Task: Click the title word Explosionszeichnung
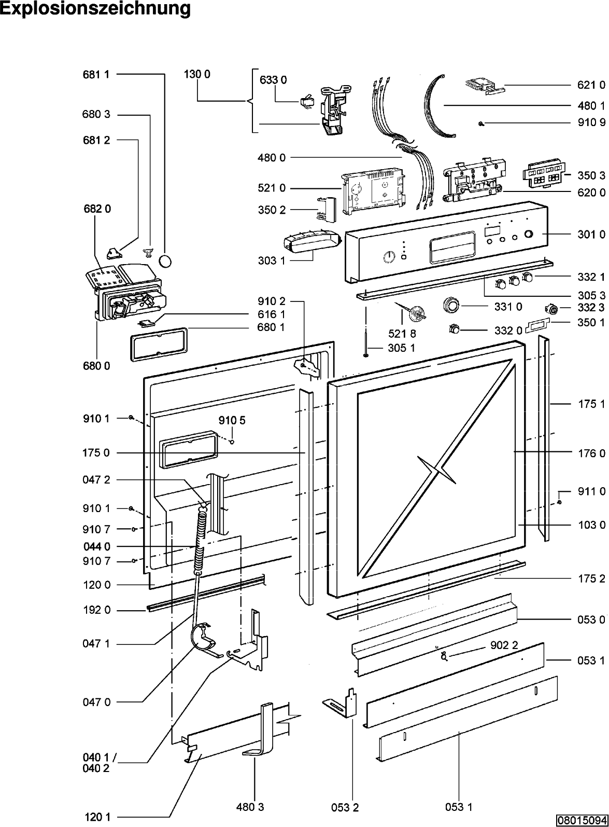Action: [95, 9]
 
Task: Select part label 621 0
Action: [591, 85]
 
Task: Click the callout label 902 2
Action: [504, 645]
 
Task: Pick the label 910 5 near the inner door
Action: [232, 420]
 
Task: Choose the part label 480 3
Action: [250, 807]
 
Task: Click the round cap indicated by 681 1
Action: [165, 261]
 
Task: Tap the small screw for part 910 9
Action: [480, 124]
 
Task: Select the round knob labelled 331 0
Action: [451, 306]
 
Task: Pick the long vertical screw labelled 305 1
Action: [366, 343]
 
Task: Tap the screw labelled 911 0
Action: [560, 502]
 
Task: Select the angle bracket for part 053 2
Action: [340, 703]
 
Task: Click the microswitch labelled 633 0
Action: [305, 101]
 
